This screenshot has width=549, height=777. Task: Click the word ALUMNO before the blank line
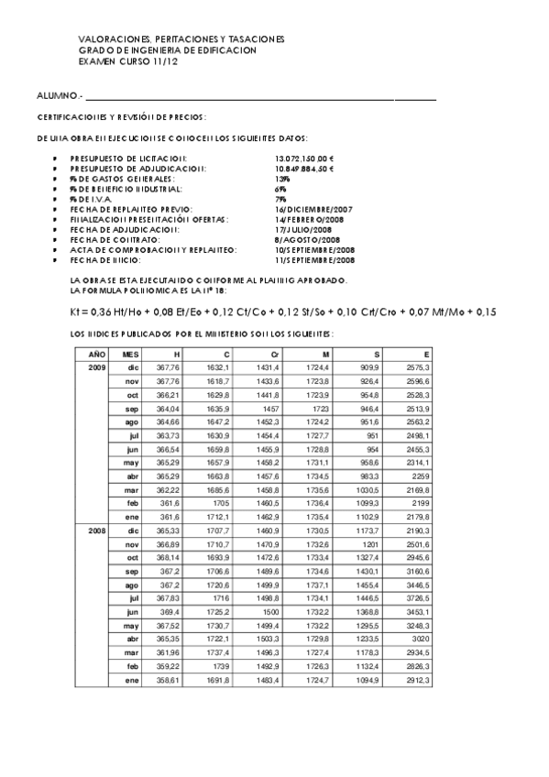[59, 95]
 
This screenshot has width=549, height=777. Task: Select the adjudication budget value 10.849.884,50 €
[305, 169]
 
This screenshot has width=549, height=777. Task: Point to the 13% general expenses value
[281, 179]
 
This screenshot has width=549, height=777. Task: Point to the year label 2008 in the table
[96, 530]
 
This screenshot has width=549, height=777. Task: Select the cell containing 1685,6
[217, 491]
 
